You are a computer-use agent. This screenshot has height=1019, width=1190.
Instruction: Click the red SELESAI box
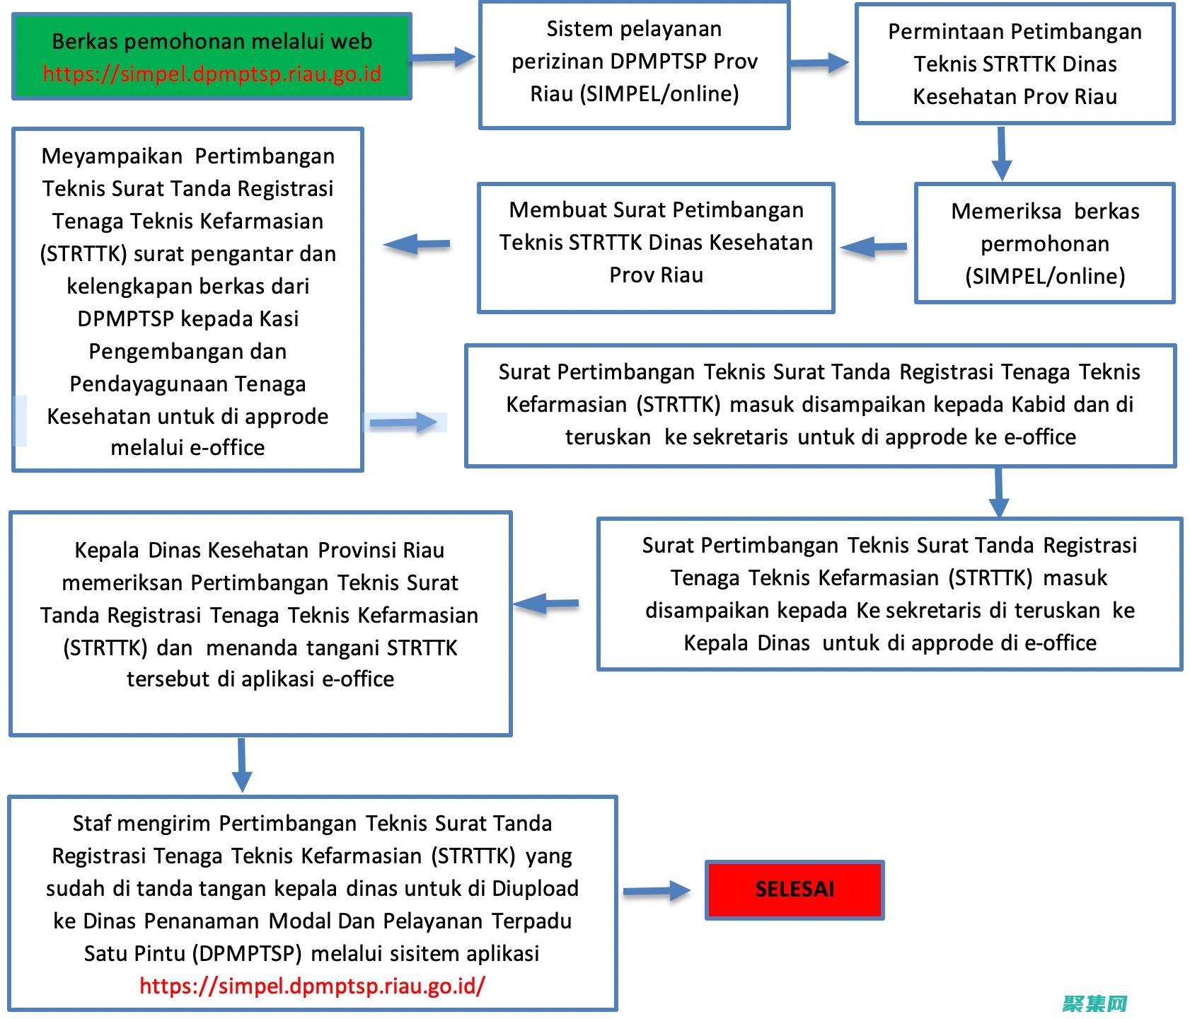795,890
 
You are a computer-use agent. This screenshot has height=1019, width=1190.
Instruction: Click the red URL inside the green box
212,74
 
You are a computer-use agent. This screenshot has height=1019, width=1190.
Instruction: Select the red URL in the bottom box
312,986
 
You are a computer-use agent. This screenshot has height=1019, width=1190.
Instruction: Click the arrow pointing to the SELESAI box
657,891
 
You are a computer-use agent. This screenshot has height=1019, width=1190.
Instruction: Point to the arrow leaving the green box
443,58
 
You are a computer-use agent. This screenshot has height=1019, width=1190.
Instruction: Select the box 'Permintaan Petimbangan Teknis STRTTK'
1015,64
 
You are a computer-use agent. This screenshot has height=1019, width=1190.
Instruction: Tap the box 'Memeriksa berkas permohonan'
1044,243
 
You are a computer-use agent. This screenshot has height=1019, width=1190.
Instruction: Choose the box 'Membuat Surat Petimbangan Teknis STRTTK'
656,247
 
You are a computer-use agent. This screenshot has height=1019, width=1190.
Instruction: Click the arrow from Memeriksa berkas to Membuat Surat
874,247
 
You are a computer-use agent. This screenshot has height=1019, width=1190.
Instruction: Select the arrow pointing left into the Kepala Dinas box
546,604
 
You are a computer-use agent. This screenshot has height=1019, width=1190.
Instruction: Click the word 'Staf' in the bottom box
92,823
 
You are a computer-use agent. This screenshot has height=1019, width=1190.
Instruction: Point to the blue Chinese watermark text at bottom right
1094,1004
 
